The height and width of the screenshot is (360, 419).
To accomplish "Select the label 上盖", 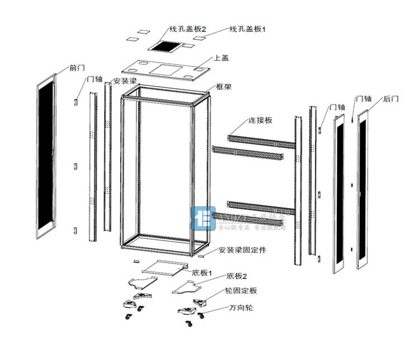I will point(221,58).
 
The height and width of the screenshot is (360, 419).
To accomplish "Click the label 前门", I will point(77,68).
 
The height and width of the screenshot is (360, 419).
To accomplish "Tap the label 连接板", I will point(260,121).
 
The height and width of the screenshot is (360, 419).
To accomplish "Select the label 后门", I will point(391,99).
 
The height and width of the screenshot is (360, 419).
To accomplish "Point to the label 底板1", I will point(202,273).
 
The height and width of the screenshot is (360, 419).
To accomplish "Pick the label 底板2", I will point(236,277).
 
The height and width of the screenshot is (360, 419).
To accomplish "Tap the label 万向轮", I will point(240,308).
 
